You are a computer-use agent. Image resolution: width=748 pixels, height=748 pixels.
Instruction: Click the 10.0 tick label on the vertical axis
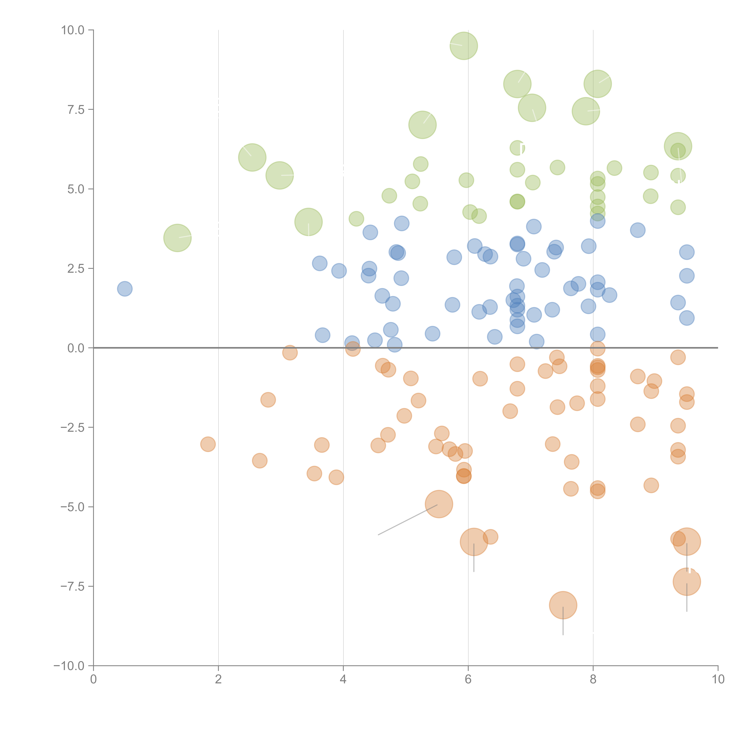click(x=73, y=30)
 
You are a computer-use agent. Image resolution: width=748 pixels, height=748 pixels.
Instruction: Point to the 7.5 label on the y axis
click(x=76, y=110)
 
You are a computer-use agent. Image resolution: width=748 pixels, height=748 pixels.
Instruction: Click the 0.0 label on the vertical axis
click(x=76, y=348)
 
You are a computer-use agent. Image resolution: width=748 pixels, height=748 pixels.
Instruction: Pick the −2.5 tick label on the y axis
click(x=73, y=427)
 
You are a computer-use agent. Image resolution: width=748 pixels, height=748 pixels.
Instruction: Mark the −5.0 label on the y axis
click(x=73, y=507)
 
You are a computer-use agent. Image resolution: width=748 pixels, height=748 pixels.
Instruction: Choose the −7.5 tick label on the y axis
click(x=73, y=586)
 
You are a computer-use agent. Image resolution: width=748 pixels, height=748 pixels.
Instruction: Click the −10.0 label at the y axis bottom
click(x=70, y=666)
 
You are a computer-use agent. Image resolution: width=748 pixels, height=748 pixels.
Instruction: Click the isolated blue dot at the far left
click(x=125, y=288)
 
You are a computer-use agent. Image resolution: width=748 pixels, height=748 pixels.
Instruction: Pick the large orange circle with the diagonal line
click(x=439, y=504)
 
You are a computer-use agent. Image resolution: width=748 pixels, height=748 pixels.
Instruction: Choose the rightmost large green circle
click(x=678, y=146)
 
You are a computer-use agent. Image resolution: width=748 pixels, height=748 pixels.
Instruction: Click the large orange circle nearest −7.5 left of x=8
click(x=563, y=605)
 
